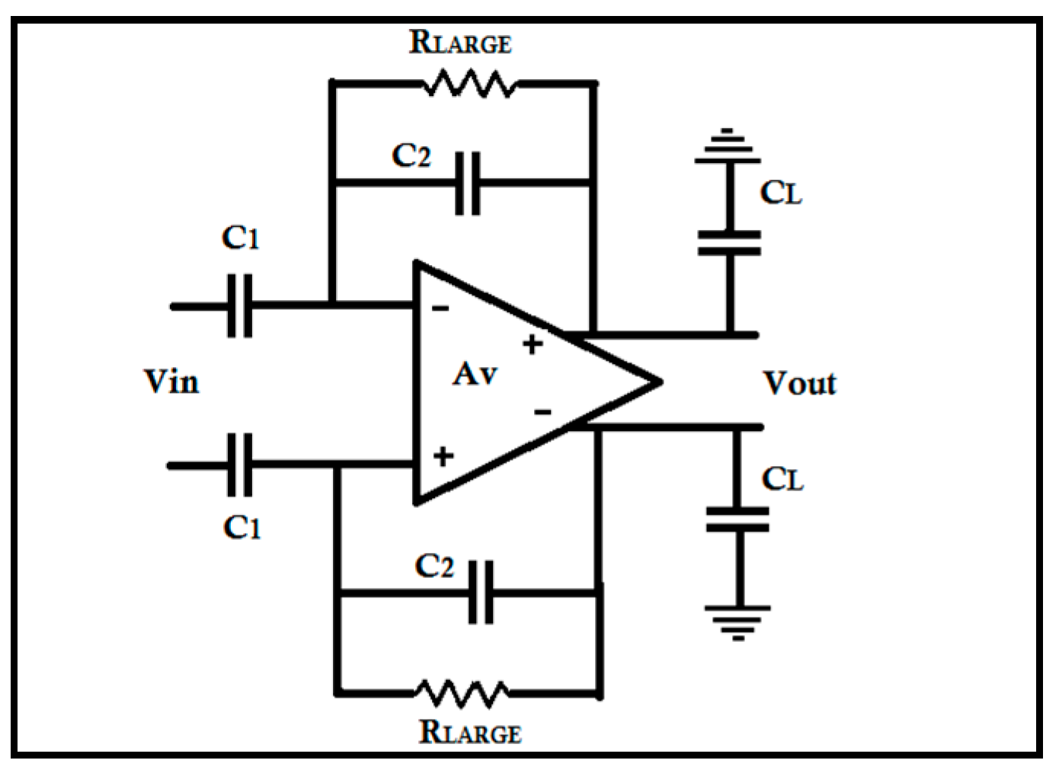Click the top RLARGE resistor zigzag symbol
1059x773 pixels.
[x=469, y=83]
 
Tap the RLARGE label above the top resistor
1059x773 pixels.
[x=460, y=42]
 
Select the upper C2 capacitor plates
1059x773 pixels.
[x=467, y=183]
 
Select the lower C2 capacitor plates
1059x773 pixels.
[x=480, y=592]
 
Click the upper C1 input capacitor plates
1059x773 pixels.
[x=240, y=306]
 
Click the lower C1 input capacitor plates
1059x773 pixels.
[x=240, y=465]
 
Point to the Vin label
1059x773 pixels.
[x=171, y=382]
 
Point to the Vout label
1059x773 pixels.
[x=799, y=383]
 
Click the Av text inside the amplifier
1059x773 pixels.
[x=475, y=374]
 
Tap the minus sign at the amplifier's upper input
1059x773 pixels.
[x=440, y=308]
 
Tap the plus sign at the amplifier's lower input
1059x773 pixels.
[x=443, y=456]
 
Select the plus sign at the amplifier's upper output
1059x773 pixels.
[x=533, y=344]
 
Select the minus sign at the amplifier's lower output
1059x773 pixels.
[x=542, y=412]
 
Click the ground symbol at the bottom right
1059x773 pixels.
[x=737, y=621]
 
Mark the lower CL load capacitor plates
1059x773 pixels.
[x=737, y=519]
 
